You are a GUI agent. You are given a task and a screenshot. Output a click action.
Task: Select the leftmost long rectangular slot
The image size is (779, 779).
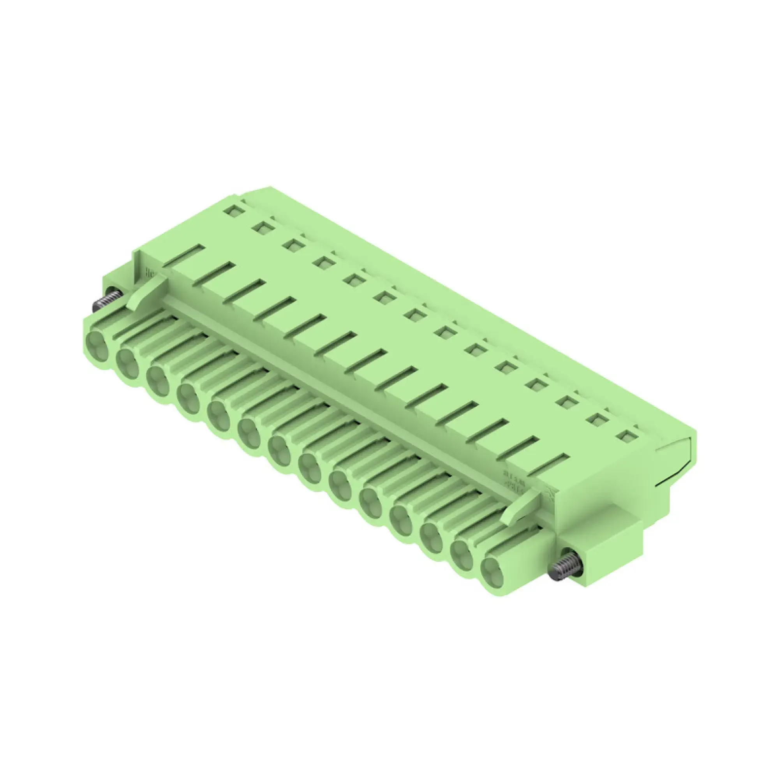click(184, 255)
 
